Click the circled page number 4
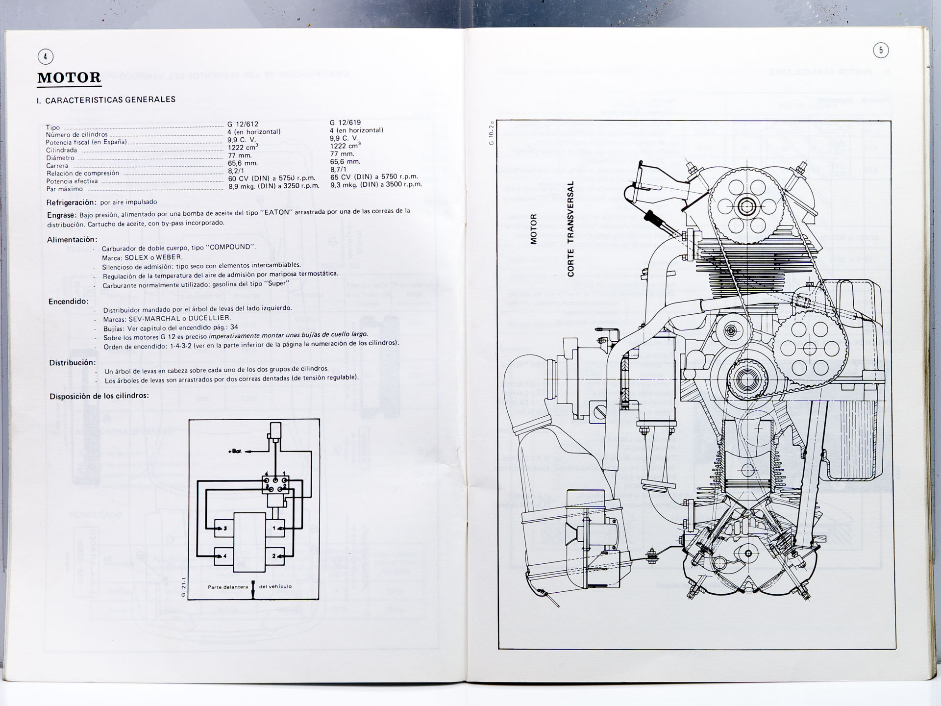(x=45, y=57)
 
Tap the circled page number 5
(x=881, y=50)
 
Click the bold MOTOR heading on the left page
(x=69, y=77)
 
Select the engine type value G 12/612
(x=243, y=124)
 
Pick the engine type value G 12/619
(x=345, y=123)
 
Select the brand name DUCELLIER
(x=210, y=318)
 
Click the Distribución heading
(x=73, y=363)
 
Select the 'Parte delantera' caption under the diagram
(x=228, y=587)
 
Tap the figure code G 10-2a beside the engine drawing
(x=491, y=133)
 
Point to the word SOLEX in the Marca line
(x=136, y=257)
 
